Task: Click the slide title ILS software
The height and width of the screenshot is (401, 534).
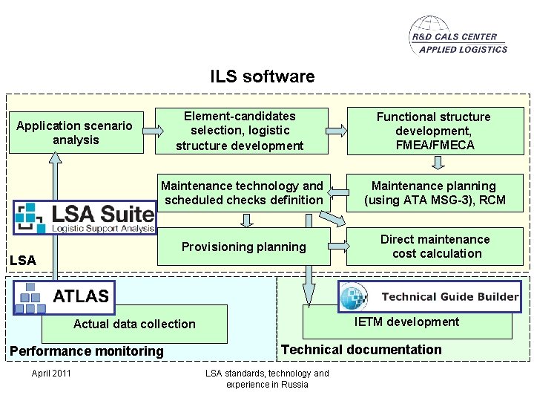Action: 262,76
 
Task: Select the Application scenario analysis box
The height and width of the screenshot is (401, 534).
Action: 75,132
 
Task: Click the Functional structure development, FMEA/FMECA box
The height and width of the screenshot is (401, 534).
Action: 434,131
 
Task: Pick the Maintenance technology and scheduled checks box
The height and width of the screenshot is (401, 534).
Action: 243,193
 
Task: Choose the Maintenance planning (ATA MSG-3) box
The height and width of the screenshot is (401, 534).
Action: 435,193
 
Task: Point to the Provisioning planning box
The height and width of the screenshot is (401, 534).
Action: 243,247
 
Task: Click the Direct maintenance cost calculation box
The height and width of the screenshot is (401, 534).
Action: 435,247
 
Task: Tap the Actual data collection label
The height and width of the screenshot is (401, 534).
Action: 134,324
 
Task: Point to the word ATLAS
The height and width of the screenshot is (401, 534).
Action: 80,296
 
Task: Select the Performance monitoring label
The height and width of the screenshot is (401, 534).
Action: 86,351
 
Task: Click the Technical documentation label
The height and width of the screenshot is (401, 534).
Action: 361,350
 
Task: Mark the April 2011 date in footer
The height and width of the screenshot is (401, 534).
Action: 51,373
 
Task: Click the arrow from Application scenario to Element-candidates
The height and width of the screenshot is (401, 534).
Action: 154,131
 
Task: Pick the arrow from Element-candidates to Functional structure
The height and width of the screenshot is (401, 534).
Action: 335,131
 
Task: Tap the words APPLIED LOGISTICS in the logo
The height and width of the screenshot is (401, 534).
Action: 463,50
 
